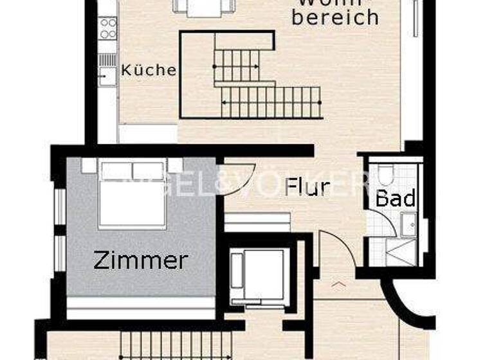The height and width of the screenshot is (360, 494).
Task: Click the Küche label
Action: (x=149, y=70)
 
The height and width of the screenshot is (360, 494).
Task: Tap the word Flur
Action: (x=307, y=187)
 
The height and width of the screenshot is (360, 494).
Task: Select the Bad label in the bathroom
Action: (x=396, y=197)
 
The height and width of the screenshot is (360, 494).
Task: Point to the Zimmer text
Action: (x=141, y=260)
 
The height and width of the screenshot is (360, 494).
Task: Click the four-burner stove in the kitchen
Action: (x=108, y=28)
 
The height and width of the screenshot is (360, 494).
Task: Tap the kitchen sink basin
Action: (x=107, y=75)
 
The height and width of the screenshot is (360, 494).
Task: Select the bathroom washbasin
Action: (x=408, y=224)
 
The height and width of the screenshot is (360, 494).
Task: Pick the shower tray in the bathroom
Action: (x=401, y=251)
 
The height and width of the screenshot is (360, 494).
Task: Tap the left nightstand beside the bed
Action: (x=89, y=165)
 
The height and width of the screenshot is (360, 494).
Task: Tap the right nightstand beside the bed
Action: (x=175, y=165)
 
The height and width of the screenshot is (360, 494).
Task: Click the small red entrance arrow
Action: (x=339, y=283)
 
